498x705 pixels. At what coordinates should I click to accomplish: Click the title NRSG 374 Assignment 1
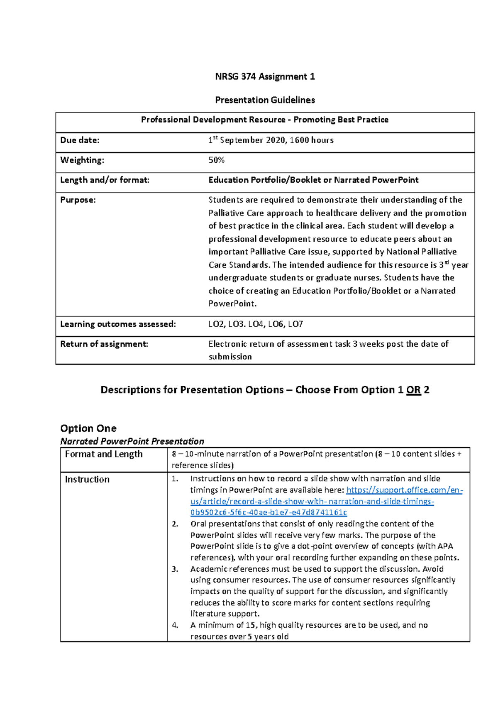tap(265, 76)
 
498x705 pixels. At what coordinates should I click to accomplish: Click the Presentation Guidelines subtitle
tap(265, 100)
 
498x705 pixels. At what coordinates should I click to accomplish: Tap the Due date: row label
tap(80, 140)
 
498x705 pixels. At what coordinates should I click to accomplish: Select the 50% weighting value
tap(216, 160)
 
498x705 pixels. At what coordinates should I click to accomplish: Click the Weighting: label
tap(82, 160)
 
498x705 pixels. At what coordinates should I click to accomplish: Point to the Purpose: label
tap(78, 200)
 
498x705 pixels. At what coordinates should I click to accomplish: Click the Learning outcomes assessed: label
tap(118, 324)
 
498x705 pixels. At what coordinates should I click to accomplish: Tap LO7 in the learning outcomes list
tap(295, 324)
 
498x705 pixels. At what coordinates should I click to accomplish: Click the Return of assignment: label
tap(104, 344)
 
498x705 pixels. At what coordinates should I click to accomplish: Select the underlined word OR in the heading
tap(413, 390)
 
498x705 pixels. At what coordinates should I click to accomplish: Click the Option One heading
tap(88, 428)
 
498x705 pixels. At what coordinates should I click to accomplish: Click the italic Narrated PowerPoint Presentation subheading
tap(132, 441)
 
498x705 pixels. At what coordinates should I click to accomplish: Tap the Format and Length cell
tap(104, 454)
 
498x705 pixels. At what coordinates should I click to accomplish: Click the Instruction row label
tap(87, 480)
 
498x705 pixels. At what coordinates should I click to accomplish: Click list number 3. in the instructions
tap(175, 569)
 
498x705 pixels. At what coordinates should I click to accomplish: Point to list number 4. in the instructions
tap(175, 625)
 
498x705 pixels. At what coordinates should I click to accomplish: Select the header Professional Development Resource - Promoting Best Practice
tap(265, 120)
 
